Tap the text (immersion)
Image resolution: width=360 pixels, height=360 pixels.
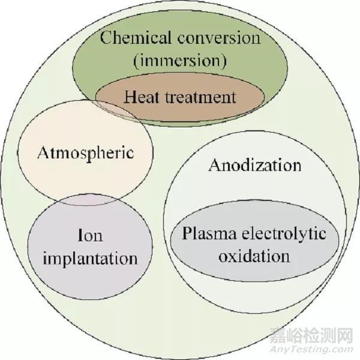click(179, 62)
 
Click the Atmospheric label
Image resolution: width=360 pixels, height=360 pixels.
click(85, 152)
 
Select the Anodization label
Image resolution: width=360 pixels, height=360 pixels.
click(254, 165)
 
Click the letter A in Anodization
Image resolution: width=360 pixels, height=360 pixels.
click(214, 165)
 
